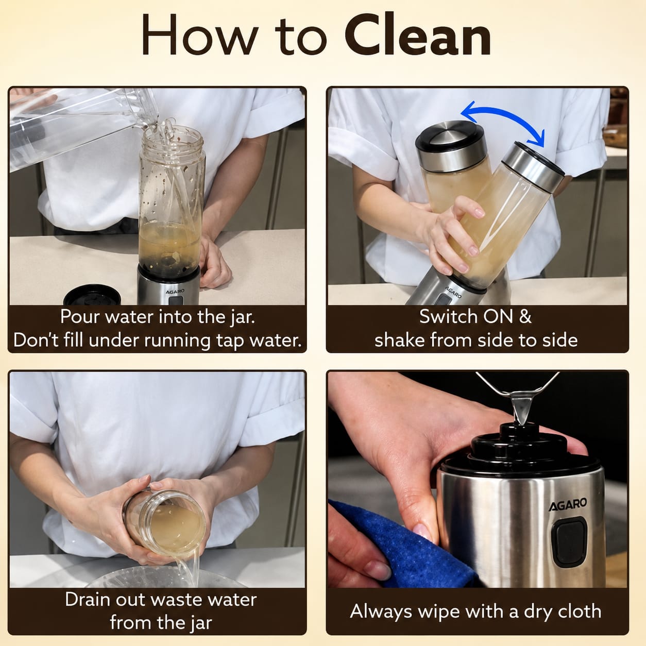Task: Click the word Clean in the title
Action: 418,35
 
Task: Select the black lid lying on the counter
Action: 92,295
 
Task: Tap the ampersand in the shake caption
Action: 525,316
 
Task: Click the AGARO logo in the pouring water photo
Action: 175,292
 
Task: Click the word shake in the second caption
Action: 400,341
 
